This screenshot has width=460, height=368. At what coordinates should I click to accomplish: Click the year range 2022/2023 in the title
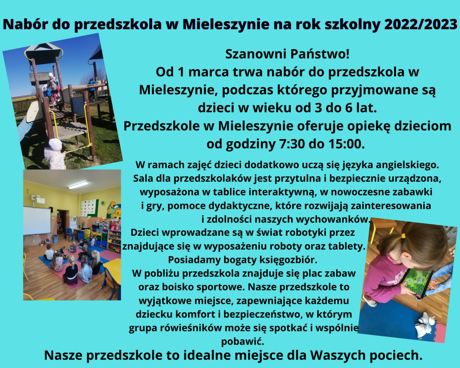[x=420, y=24]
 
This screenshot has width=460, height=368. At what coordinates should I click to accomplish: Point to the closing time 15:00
[x=347, y=144]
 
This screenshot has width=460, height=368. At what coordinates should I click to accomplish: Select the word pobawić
[x=243, y=341]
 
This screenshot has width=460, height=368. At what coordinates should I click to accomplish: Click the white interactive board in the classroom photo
[x=37, y=220]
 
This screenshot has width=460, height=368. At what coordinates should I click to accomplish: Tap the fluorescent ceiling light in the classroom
[x=78, y=185]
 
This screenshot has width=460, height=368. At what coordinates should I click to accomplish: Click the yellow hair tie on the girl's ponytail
[x=403, y=236]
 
